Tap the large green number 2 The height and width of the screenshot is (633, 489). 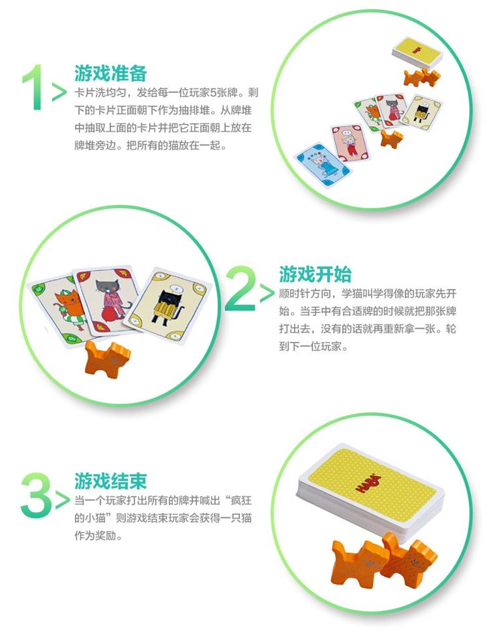click(240, 288)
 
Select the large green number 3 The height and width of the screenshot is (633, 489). click(36, 495)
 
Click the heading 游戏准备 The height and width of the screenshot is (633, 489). click(110, 74)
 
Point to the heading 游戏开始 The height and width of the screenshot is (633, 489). click(316, 274)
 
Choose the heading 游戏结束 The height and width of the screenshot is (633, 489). click(110, 481)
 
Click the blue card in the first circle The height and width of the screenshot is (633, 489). click(324, 164)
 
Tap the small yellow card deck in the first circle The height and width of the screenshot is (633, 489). click(417, 53)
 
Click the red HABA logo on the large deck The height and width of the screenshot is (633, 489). click(368, 483)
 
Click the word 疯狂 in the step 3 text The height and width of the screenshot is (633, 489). click(241, 501)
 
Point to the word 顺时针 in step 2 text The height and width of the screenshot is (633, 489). click(295, 294)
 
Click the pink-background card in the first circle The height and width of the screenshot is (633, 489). click(350, 143)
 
